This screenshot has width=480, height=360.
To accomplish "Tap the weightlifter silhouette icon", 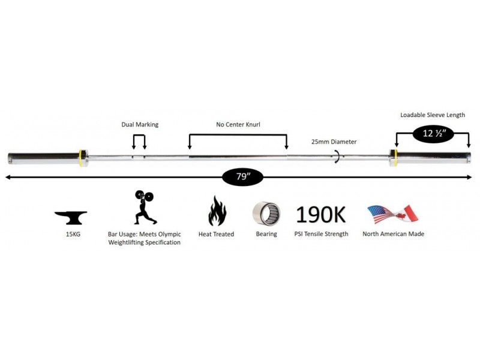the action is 145,207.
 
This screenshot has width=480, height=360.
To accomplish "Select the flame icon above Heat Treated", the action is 217,211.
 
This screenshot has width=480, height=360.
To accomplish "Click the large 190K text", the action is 321,214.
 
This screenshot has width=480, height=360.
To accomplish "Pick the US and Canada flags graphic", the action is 393,214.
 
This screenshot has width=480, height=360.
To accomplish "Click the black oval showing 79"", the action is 242,177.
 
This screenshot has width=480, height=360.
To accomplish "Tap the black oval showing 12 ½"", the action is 433,133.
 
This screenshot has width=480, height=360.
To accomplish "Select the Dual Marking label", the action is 140,125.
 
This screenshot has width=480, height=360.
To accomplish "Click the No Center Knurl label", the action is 238,125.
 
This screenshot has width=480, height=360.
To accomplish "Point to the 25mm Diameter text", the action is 334,142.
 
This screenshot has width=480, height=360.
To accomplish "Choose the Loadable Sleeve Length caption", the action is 433,115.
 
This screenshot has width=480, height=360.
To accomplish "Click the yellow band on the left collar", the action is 80,158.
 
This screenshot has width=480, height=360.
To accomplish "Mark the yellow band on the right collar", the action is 395,158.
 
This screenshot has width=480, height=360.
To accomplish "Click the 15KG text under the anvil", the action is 73,235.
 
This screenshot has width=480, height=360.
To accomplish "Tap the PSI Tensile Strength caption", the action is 321,234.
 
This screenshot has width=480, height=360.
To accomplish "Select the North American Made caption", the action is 394,234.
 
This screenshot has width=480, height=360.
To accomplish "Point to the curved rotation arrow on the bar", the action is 337,157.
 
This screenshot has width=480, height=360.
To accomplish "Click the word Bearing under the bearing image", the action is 266,234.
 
